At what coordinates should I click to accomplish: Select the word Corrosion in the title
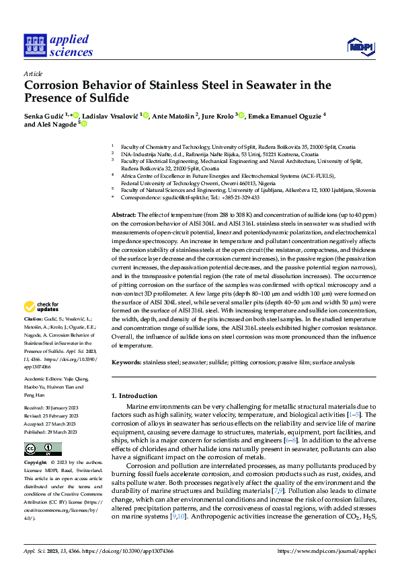point(54,86)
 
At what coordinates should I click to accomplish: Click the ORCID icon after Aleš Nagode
point(84,124)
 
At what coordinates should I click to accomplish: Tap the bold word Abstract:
point(125,213)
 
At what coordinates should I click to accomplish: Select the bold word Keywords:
point(127,362)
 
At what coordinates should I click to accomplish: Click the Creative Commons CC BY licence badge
point(43,449)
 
